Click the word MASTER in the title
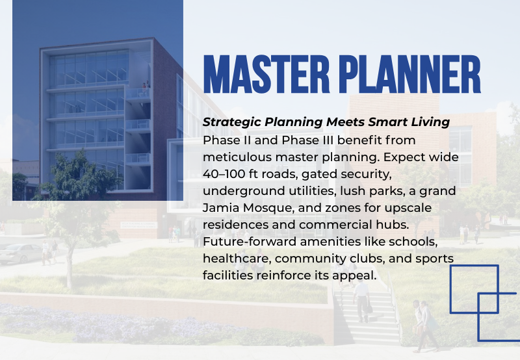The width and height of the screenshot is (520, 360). [x=266, y=75]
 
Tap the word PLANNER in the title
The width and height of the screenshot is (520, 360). [x=410, y=75]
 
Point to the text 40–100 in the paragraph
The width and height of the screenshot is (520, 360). [x=224, y=174]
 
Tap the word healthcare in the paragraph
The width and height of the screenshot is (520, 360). [x=237, y=259]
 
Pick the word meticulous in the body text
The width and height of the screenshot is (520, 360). [x=237, y=157]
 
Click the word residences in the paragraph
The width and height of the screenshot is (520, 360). [x=235, y=225]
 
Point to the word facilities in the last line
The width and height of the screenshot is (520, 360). [x=227, y=276]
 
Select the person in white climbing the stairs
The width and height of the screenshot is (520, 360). [x=362, y=301]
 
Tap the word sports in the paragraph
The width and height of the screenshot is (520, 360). [x=434, y=259]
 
